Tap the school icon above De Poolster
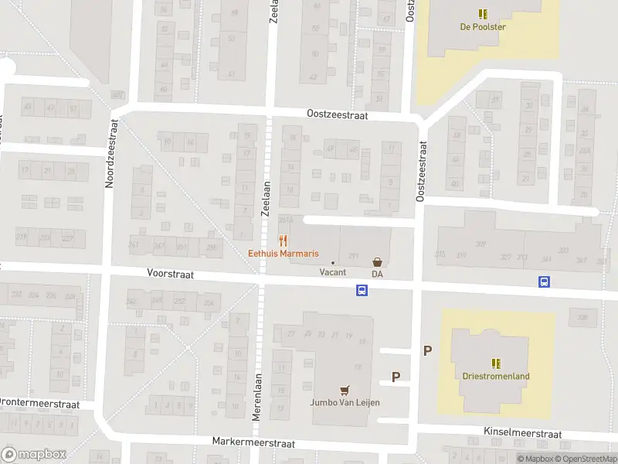(483, 13)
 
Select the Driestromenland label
(496, 377)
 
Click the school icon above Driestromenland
(496, 363)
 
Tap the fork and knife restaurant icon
(284, 240)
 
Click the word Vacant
(333, 272)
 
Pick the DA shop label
(378, 274)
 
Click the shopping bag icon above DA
(378, 262)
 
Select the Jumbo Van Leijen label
(345, 402)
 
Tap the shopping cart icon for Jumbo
(345, 389)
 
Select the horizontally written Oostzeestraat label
(338, 114)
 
